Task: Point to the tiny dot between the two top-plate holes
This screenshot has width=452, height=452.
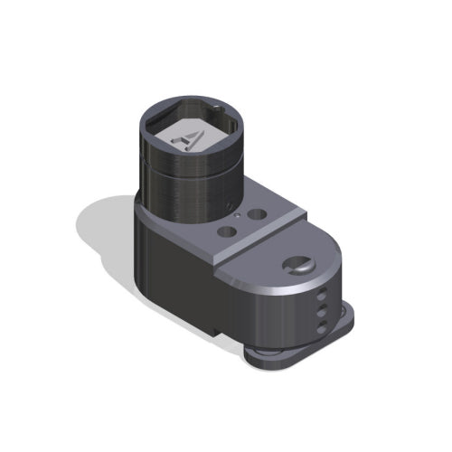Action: click(237, 217)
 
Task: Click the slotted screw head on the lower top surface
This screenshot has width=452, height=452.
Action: click(297, 266)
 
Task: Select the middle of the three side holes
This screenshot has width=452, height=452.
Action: click(321, 309)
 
